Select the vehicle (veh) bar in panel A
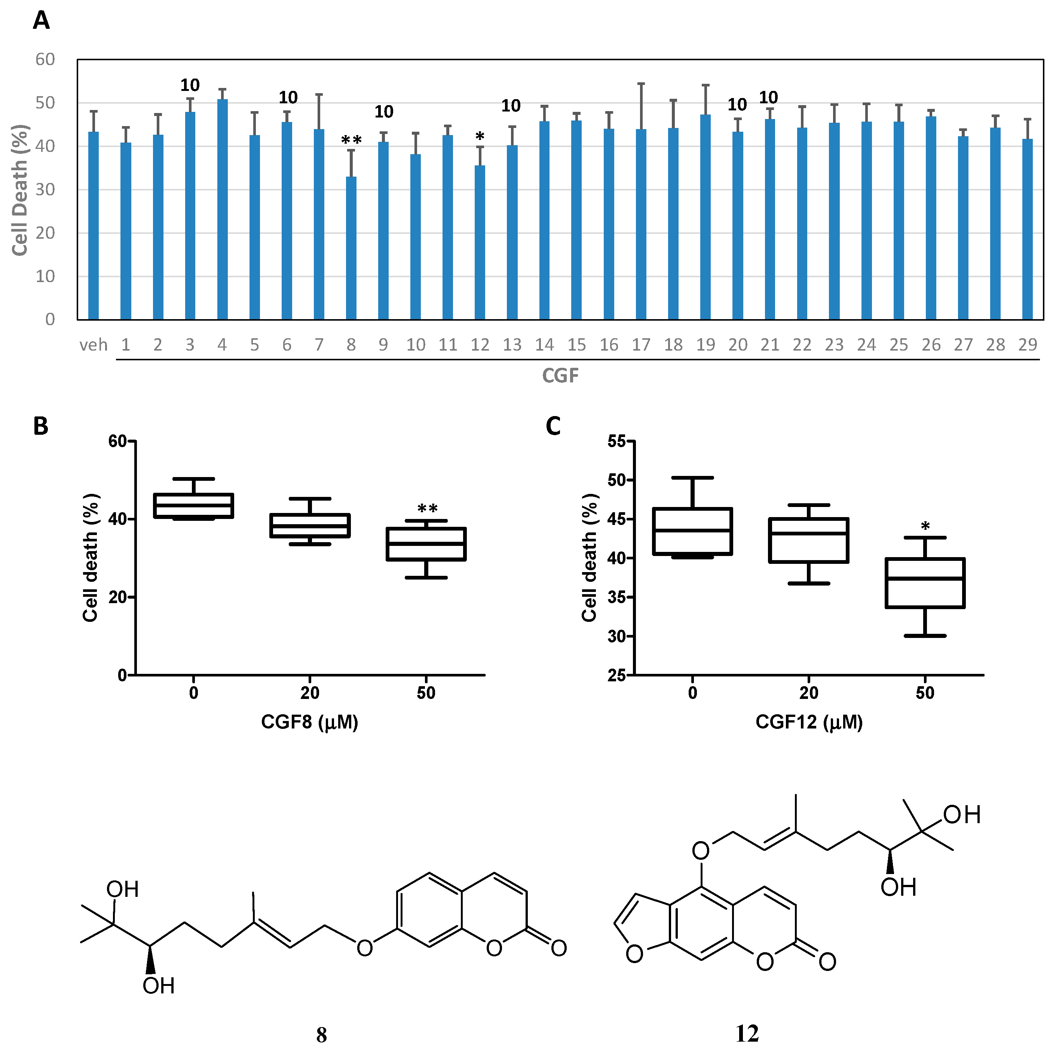click(94, 225)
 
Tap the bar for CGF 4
click(222, 210)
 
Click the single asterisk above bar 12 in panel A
click(479, 137)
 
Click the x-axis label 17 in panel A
click(641, 345)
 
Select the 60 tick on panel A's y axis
click(45, 59)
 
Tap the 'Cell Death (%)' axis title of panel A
click(20, 190)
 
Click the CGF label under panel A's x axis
click(560, 376)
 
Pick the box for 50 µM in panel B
click(426, 544)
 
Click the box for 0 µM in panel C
click(692, 531)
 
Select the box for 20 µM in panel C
click(808, 540)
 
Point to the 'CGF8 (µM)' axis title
click(309, 722)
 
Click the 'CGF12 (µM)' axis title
click(808, 722)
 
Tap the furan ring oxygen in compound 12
click(634, 954)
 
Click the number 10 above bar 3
click(190, 85)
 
